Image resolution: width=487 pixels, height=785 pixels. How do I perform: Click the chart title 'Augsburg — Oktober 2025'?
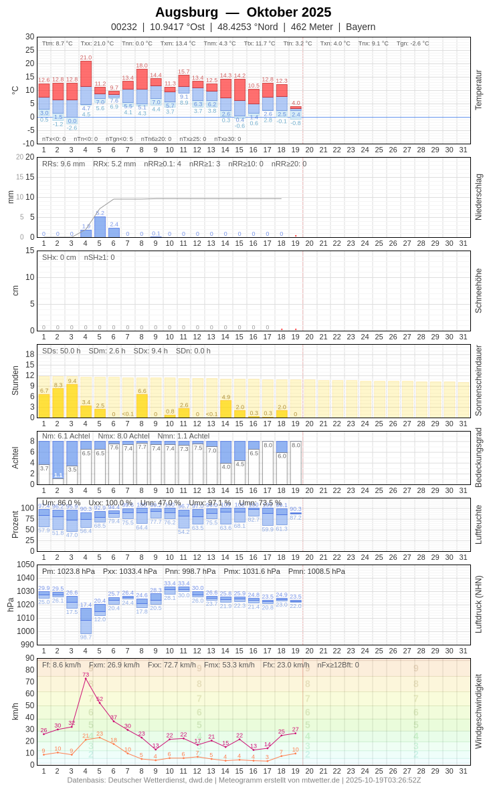coord(243,12)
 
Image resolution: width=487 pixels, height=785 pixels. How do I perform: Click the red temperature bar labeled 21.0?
coord(86,73)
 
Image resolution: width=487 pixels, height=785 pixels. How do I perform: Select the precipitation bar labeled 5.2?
coord(100,226)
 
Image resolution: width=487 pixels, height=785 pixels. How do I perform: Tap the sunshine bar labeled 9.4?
coord(72,401)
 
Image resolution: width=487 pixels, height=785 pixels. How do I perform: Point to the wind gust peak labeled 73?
coord(86,679)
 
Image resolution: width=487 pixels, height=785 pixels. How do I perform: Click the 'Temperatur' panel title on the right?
coord(478,90)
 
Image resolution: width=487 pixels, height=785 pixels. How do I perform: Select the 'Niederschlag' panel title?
coord(478,197)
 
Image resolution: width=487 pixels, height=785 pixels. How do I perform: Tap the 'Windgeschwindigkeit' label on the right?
coord(478,711)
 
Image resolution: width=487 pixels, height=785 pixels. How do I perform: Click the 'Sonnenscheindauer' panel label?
coord(478,380)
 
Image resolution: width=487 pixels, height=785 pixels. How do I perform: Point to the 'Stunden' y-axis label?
coord(15,380)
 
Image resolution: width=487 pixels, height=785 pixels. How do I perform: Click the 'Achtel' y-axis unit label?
coord(15,458)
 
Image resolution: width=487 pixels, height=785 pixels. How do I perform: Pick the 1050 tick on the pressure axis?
coord(25,565)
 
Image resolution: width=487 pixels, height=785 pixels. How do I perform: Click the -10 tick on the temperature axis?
coord(28,144)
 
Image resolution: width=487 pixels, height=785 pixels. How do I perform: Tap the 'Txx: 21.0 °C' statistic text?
coord(97,43)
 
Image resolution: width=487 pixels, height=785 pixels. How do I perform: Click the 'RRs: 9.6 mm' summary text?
coord(64,164)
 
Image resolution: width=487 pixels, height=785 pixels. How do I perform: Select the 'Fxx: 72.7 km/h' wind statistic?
coord(172,665)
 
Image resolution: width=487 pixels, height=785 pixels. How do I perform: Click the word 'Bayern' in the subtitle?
coord(361,27)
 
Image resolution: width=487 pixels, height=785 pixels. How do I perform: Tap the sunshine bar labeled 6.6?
coord(142,406)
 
